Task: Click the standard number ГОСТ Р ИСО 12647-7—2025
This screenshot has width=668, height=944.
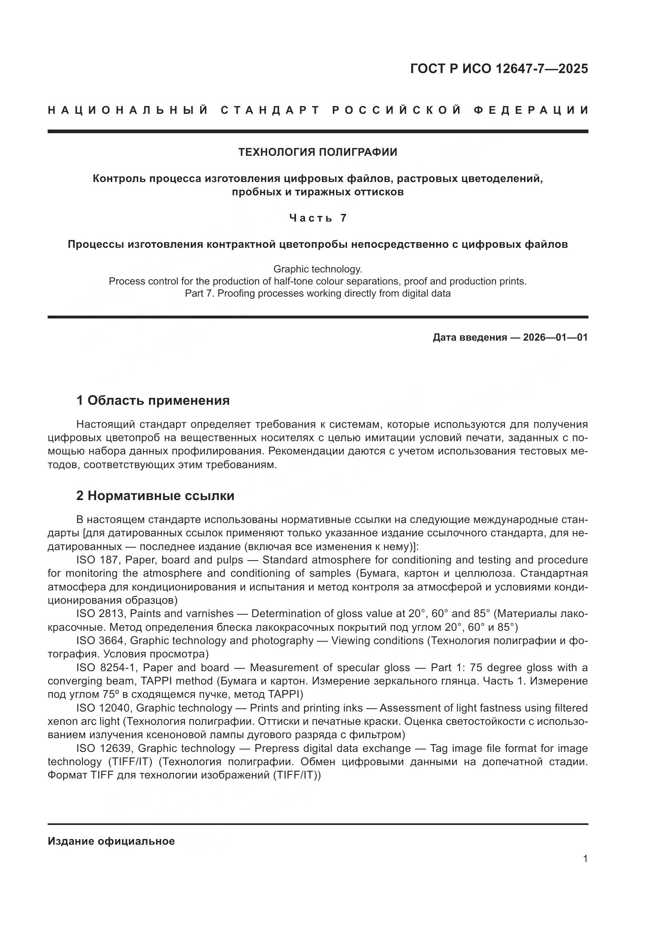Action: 498,69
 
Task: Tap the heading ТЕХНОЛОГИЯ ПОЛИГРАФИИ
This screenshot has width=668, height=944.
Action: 317,152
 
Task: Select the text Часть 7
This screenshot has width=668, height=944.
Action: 317,218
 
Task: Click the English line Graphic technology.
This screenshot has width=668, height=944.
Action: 317,269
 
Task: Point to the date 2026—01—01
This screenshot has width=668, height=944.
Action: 555,337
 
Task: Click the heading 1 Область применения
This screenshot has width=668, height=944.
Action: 153,400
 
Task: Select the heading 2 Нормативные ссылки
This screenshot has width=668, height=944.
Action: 155,496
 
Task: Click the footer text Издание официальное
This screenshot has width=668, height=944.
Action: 111,841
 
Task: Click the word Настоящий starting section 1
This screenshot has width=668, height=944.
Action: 105,424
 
